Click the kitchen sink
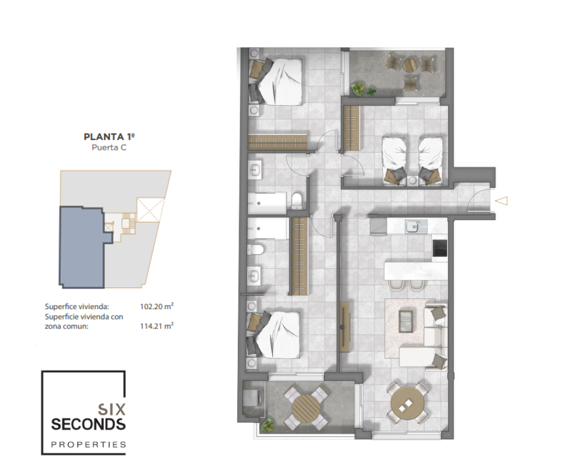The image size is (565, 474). (416, 227)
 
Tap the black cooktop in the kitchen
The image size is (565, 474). (439, 248)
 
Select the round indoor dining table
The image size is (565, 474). (407, 402)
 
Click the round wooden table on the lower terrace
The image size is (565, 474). (306, 408)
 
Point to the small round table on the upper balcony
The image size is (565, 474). (409, 66)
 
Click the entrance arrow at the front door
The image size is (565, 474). (501, 200)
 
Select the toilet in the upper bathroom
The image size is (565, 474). (297, 200)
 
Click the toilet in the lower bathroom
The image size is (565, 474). (256, 249)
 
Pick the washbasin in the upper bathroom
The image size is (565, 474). (255, 169)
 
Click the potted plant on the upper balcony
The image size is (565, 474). (358, 89)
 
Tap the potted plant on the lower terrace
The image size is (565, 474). (267, 425)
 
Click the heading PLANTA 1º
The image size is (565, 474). (109, 137)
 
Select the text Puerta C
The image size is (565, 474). (109, 147)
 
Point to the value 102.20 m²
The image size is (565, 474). (157, 307)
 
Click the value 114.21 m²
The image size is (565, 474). (157, 326)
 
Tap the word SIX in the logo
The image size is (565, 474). (112, 410)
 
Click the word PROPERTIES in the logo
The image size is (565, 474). (88, 445)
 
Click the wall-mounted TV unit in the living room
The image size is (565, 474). (344, 327)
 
